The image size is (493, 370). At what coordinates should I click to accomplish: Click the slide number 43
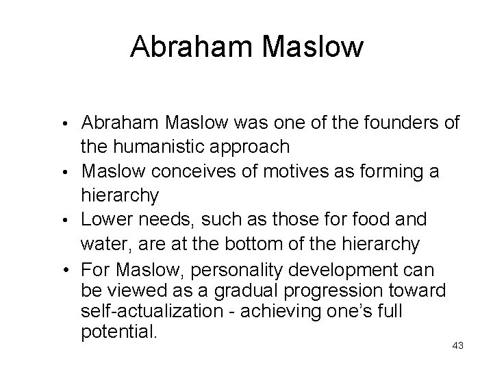(x=458, y=345)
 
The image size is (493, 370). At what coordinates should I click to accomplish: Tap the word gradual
(x=259, y=290)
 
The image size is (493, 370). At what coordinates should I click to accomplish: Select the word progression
(x=349, y=290)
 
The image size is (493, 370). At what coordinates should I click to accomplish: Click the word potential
(x=119, y=334)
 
